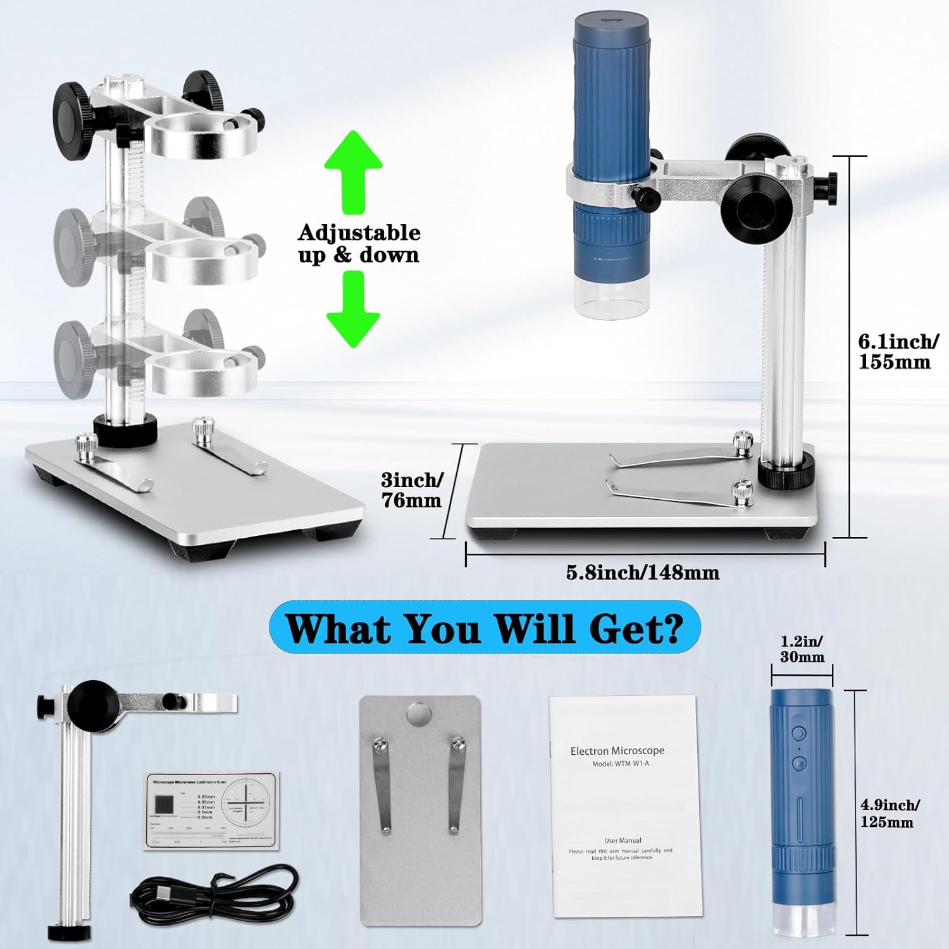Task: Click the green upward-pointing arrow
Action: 353,171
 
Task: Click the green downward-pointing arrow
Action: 353,308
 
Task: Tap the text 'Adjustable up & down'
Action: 359,244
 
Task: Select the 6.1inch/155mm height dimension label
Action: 897,352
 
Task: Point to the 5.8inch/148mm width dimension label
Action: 642,573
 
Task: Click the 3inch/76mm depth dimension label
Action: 412,490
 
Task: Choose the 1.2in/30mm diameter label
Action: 802,649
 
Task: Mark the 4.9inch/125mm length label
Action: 889,814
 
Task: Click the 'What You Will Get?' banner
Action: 485,628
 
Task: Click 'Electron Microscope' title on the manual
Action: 617,751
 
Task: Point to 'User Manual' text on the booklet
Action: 623,841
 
